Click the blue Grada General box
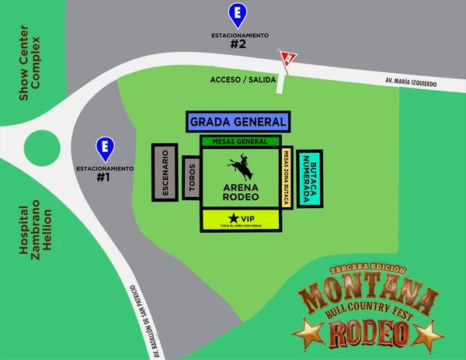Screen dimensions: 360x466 click(238, 122)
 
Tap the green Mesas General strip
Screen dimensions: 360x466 click(239, 141)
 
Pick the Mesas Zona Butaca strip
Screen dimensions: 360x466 click(287, 178)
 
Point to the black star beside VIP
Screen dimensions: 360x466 click(234, 217)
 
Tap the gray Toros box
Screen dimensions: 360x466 click(191, 178)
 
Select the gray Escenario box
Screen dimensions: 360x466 click(165, 171)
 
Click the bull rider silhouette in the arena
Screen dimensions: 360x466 click(238, 169)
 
